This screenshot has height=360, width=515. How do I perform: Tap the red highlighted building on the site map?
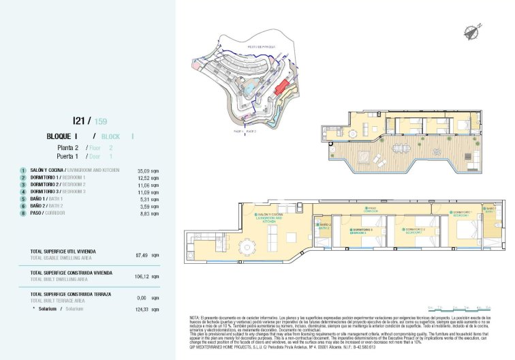click(x=280, y=87)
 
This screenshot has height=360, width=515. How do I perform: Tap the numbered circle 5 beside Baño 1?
click(x=23, y=199)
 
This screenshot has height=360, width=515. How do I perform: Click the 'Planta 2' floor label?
click(x=68, y=147)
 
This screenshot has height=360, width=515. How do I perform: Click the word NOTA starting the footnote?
click(x=194, y=318)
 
